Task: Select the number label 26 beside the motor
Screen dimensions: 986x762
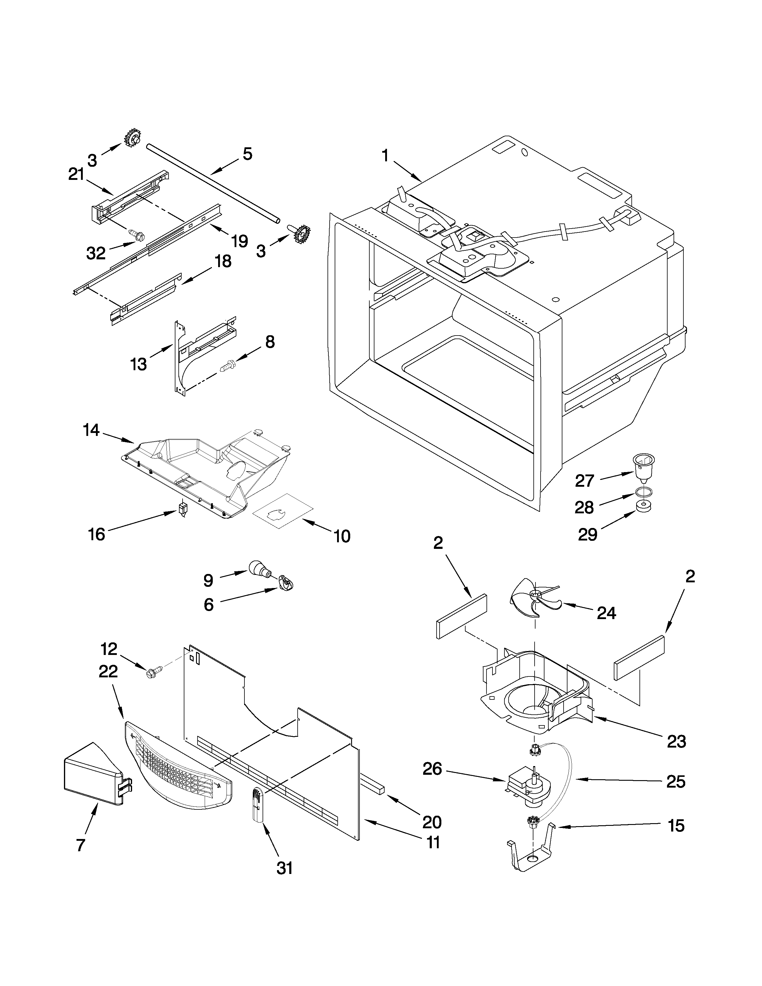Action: coord(432,769)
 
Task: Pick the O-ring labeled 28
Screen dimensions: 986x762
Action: coord(644,492)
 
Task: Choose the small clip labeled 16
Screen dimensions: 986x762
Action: coord(183,510)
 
